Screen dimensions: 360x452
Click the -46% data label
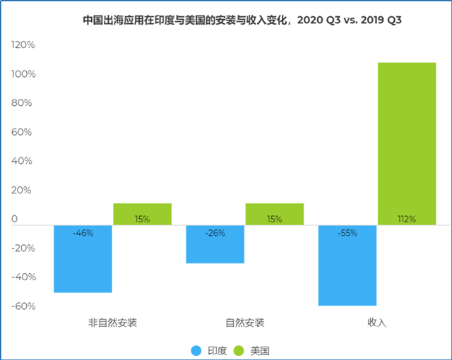(x=83, y=232)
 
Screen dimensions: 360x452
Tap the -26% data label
(x=215, y=232)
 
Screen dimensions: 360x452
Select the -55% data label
(x=347, y=232)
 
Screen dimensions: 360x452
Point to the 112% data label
(x=407, y=219)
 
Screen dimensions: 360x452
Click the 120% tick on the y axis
(x=23, y=45)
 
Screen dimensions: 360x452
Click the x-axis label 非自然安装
(x=113, y=323)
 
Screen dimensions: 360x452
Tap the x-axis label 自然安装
(x=245, y=323)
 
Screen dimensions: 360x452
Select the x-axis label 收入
(x=377, y=323)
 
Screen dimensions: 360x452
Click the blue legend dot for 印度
(x=196, y=350)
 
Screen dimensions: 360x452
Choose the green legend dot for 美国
(x=238, y=350)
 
